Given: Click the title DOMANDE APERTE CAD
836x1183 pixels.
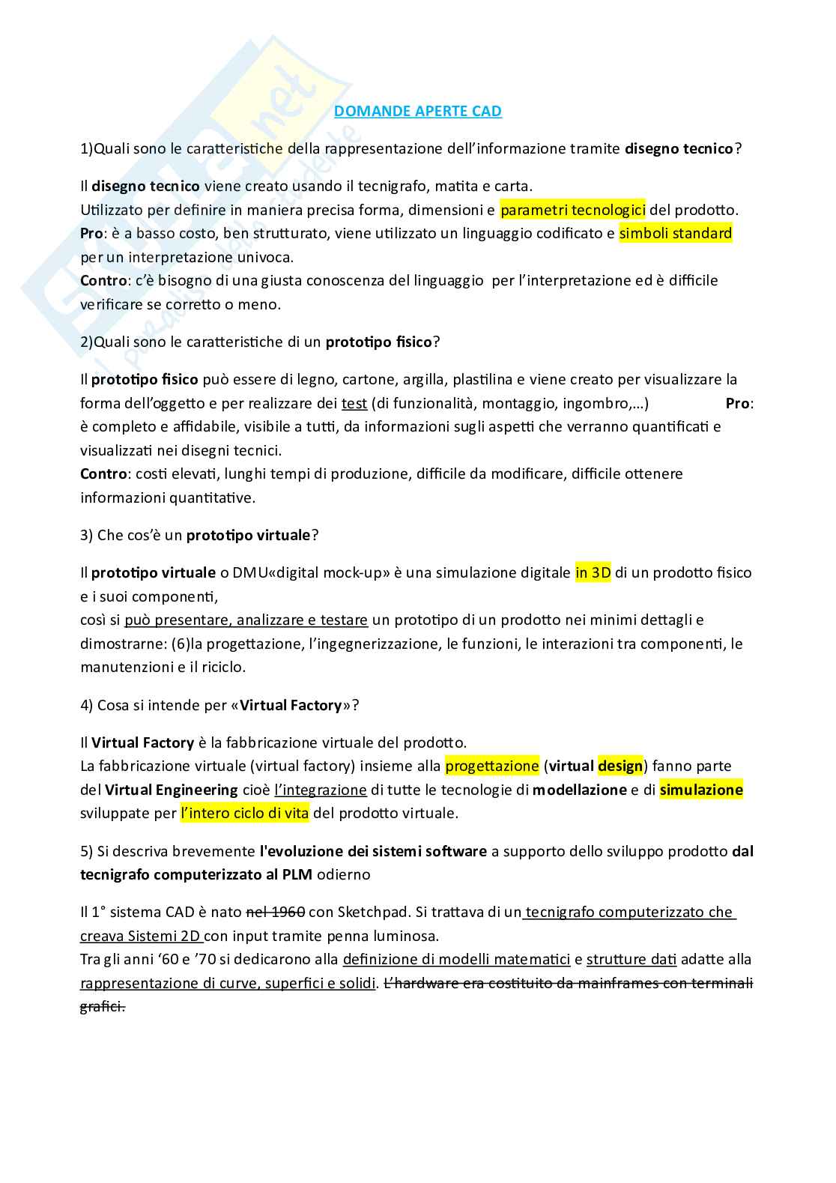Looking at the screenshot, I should point(417,112).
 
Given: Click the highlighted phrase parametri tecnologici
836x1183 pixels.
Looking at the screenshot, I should point(572,210).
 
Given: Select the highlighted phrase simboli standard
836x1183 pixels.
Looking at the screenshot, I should point(675,233).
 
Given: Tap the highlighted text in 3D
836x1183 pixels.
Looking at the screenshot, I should point(593,572).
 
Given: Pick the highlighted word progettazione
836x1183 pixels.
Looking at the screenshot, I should point(492,766).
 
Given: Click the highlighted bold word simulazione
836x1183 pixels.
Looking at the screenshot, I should point(701,789).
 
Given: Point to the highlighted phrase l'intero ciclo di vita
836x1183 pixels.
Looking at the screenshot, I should point(244,813).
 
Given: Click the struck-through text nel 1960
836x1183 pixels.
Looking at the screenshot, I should point(275,912).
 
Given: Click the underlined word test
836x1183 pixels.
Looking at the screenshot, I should point(354,403).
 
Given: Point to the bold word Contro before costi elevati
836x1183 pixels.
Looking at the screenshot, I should point(103,473).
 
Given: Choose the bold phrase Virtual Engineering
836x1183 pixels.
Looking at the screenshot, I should point(172,789).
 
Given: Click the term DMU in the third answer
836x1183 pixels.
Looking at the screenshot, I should point(249,572).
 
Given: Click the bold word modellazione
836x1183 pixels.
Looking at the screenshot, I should point(580,789).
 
